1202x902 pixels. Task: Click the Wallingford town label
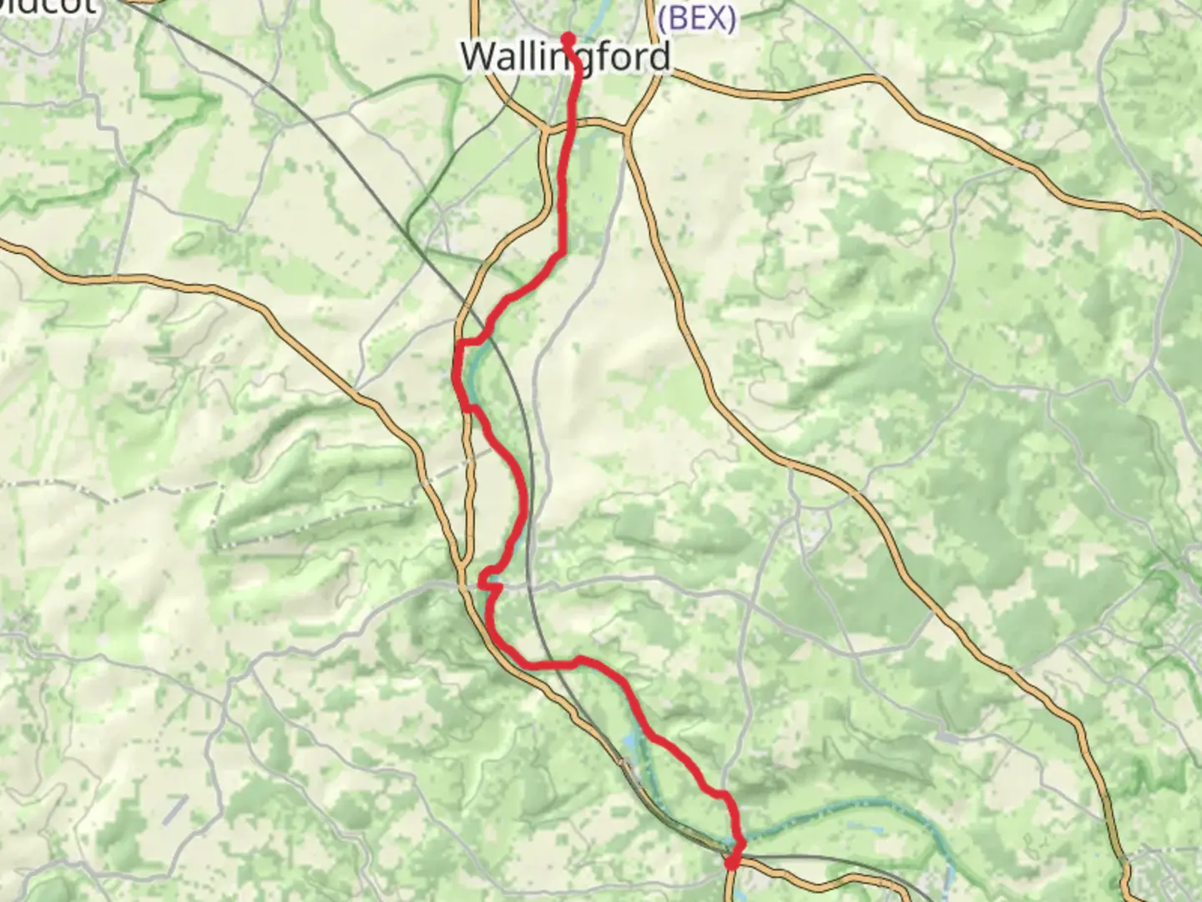565,57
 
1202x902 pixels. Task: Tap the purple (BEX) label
697,18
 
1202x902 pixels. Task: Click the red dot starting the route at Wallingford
568,38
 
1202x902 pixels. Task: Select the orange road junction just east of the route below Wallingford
626,128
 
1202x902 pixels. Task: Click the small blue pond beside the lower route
631,739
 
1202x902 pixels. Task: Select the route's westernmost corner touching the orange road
460,343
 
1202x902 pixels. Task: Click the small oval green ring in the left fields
188,241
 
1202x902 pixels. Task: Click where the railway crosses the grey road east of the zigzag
528,585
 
